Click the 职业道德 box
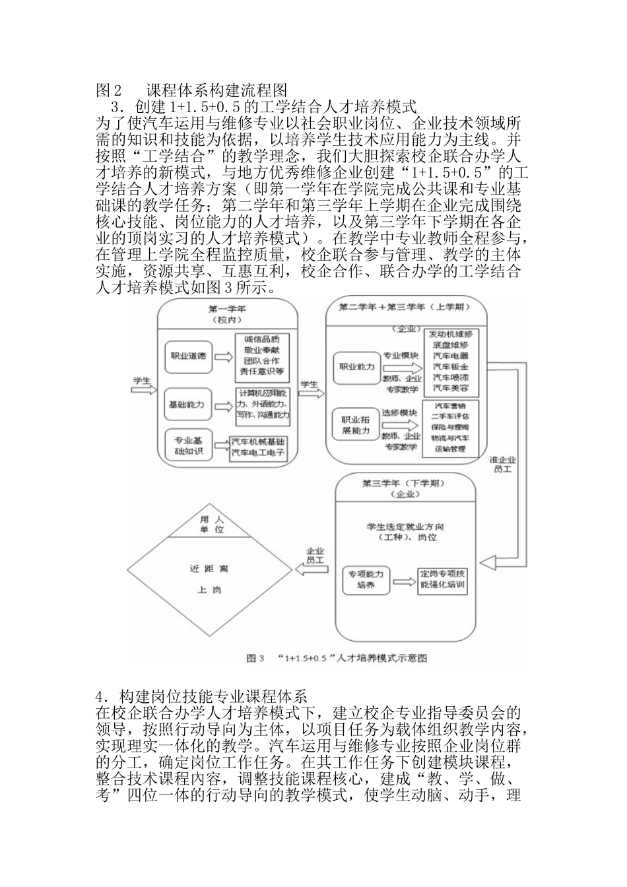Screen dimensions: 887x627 (189, 356)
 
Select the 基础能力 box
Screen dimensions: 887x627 (187, 404)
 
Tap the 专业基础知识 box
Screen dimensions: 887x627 (187, 446)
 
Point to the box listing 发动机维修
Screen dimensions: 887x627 (451, 362)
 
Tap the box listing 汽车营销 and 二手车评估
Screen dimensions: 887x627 (451, 427)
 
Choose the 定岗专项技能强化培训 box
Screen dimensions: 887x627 (443, 579)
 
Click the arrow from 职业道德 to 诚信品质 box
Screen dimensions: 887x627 (224, 356)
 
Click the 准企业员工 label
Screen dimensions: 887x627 (505, 464)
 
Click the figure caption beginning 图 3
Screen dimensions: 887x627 (337, 657)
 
